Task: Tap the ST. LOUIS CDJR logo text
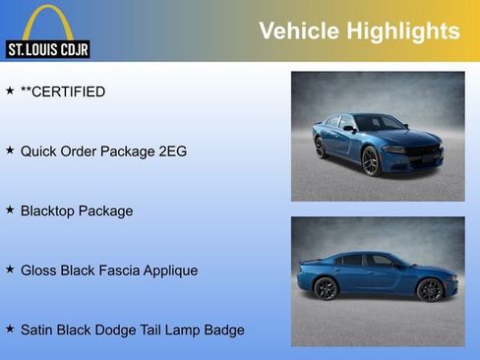tap(47, 49)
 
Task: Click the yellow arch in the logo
tap(47, 22)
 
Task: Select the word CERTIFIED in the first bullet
tap(69, 91)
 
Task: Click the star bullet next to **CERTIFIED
tap(10, 90)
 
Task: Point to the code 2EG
tap(171, 151)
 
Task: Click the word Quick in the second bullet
tap(39, 151)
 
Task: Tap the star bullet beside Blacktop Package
tap(10, 210)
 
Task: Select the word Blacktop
tap(51, 210)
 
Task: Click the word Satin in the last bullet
tap(38, 330)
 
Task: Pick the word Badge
tap(222, 330)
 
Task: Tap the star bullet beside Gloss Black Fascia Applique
tap(10, 269)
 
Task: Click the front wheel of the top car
tap(370, 161)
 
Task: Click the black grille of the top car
tap(424, 152)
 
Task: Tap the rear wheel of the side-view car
tap(326, 288)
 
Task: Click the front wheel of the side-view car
tap(429, 289)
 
